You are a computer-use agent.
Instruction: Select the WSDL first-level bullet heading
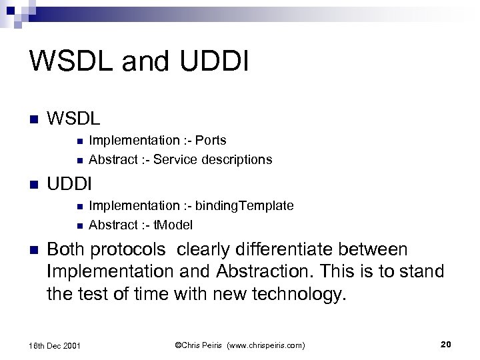point(73,120)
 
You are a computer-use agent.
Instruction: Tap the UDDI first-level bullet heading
point(69,182)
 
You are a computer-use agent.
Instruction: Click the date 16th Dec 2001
point(56,345)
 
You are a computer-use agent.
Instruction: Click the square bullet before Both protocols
point(35,250)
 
